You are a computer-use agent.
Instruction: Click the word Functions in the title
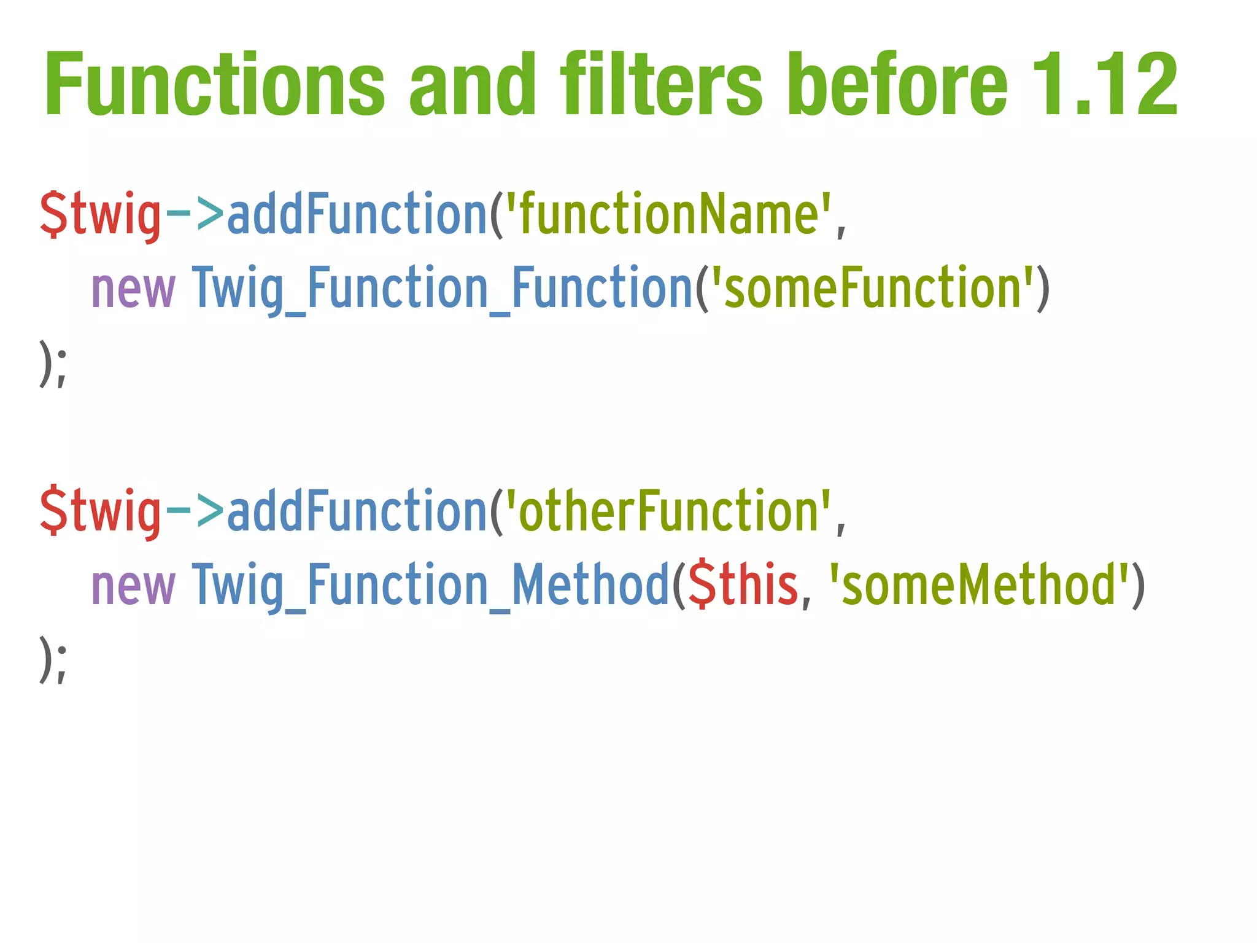pos(214,84)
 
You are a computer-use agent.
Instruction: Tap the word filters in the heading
pos(661,84)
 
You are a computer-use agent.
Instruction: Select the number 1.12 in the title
pos(1105,84)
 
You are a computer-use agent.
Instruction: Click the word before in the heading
pos(897,84)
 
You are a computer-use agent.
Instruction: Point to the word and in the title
pos(473,84)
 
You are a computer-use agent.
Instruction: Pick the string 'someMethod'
pos(978,584)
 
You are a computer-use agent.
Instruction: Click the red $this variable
pos(743,584)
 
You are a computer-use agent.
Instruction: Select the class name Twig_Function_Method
pos(430,584)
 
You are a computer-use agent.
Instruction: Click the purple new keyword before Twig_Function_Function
pos(133,289)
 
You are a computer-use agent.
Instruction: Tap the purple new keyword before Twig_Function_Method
pos(133,586)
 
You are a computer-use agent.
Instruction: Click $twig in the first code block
pos(101,215)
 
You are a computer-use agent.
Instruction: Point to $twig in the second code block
pos(101,512)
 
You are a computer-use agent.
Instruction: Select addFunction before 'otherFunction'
pos(357,511)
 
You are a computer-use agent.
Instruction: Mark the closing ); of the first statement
pos(53,363)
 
